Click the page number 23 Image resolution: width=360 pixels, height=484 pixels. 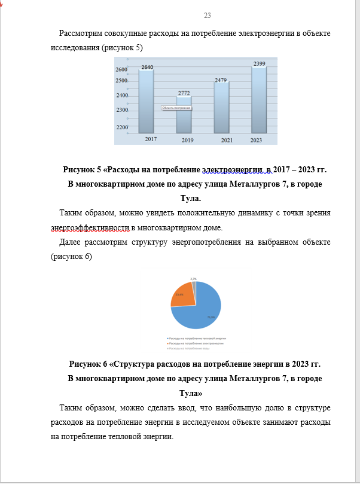(207, 16)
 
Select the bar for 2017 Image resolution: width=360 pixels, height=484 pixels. (147, 102)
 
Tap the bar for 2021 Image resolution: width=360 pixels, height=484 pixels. (221, 108)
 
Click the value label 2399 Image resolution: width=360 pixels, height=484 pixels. (259, 63)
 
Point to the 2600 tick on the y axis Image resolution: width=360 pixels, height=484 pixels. (122, 70)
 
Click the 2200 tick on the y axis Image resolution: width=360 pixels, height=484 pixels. (122, 127)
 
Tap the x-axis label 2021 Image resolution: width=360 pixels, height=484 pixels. (227, 139)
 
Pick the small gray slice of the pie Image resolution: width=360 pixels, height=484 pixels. (194, 284)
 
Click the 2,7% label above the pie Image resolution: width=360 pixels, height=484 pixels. (193, 279)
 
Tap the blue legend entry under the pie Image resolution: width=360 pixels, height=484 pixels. (198, 339)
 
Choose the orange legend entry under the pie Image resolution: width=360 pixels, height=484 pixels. (197, 344)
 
